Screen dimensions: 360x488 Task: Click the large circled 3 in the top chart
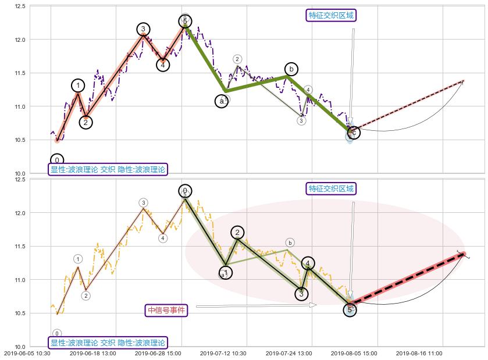(x=144, y=29)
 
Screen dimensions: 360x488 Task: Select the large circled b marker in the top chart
(x=291, y=69)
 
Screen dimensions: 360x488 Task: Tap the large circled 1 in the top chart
(x=78, y=85)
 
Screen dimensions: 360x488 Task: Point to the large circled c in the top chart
(x=353, y=133)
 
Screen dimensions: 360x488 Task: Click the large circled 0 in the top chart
(x=57, y=160)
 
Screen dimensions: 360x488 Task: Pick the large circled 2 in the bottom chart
(x=237, y=233)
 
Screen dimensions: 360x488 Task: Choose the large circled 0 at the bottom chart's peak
(x=185, y=191)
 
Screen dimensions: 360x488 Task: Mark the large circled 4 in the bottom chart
(x=308, y=263)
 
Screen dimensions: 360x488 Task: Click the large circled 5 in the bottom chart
(x=350, y=310)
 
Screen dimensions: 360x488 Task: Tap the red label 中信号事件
(x=166, y=311)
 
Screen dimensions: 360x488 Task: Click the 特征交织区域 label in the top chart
(x=331, y=15)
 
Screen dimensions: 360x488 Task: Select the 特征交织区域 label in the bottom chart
(x=331, y=188)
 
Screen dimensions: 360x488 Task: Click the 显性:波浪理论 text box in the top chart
(x=108, y=170)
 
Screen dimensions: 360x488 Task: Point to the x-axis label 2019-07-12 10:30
(x=223, y=353)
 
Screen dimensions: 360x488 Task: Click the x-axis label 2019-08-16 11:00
(x=419, y=353)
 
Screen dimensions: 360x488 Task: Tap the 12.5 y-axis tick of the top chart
(x=36, y=6)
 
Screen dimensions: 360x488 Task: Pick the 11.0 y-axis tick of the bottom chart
(x=36, y=280)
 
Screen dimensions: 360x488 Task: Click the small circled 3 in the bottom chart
(x=143, y=202)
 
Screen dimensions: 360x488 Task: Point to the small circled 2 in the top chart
(x=237, y=59)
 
